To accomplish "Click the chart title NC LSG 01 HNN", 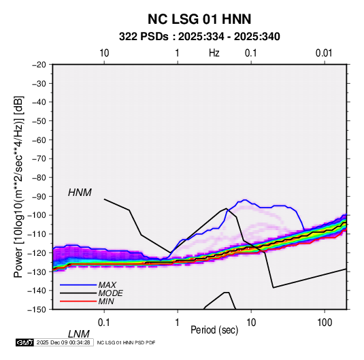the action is click(199, 19).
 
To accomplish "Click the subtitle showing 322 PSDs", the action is click(199, 37).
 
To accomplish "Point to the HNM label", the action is click(80, 193).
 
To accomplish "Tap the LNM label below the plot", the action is click(78, 334).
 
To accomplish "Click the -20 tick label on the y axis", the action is click(39, 65).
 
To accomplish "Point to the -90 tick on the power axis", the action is click(39, 196).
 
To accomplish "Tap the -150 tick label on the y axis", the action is click(37, 310).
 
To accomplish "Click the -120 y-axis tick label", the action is click(37, 252).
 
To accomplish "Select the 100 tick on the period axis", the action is click(325, 323).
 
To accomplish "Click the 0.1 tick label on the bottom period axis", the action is click(104, 323).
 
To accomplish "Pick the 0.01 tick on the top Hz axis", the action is click(324, 53).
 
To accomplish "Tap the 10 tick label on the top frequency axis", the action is click(104, 53).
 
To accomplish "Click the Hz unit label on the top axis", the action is click(214, 53).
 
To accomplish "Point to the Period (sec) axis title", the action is click(214, 330).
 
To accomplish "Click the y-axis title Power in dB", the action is click(18, 187).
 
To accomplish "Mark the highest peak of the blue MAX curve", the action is click(245, 200).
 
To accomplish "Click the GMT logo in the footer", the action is click(24, 342).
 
